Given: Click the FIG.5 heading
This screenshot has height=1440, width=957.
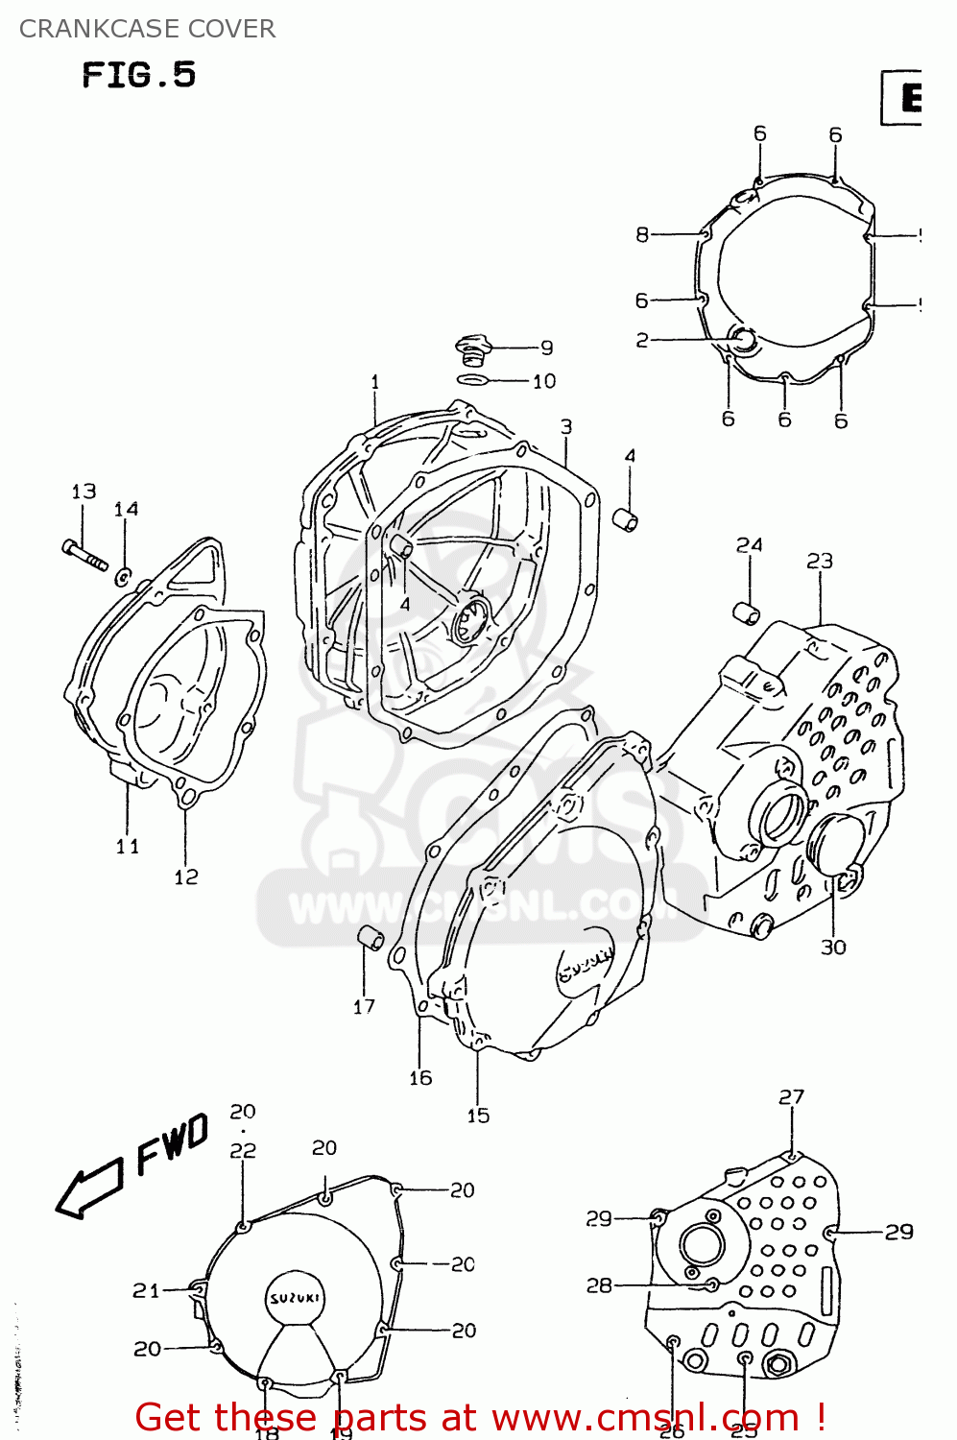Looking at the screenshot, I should click(138, 75).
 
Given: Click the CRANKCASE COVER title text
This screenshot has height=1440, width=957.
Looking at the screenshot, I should click(147, 29).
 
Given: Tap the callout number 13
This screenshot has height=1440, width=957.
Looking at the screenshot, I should click(84, 492).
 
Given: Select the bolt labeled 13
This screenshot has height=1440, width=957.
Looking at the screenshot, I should click(85, 556).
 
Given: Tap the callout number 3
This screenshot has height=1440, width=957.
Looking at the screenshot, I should click(566, 426).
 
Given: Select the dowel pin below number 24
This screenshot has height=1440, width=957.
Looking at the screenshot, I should click(747, 612).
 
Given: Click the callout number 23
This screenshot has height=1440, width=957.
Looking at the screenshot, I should click(819, 561).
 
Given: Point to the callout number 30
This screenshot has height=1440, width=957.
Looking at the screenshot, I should click(832, 948).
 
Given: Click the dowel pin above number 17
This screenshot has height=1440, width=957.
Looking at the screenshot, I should click(371, 938).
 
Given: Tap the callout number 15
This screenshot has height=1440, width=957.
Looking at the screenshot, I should click(478, 1116).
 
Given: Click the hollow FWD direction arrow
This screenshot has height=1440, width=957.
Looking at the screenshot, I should click(88, 1188).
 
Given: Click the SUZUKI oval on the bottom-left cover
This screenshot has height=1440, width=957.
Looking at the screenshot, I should click(295, 1298).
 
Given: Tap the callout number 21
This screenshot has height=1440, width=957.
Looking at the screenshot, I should click(146, 1291).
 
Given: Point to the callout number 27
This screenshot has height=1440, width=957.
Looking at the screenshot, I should click(791, 1096).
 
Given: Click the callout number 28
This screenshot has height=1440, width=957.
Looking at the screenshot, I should click(599, 1285).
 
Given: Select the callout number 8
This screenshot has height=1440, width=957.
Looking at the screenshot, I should click(642, 234).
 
